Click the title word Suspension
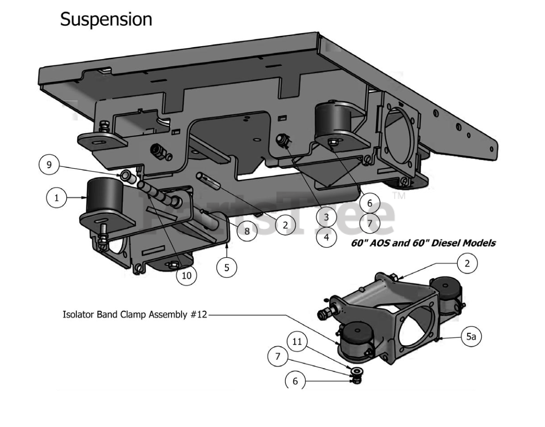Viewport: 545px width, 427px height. (106, 19)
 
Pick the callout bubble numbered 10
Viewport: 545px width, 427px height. (186, 275)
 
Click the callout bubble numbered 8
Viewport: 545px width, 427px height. (246, 230)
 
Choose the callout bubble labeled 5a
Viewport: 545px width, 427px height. (471, 336)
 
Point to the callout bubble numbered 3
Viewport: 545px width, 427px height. (326, 217)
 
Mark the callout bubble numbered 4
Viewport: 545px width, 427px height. (326, 236)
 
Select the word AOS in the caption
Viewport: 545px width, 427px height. (382, 243)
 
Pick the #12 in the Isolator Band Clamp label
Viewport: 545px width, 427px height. (198, 314)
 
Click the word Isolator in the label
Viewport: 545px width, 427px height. (79, 314)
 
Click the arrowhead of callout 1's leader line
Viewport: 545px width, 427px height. (87, 198)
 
